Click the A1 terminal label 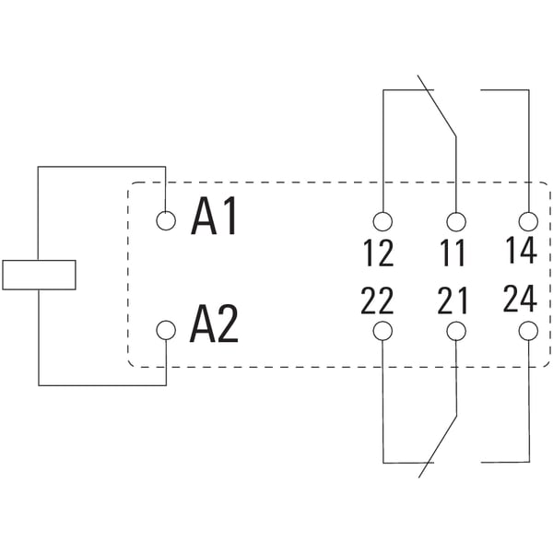pyautogui.click(x=214, y=217)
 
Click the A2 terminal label pyautogui.click(x=214, y=324)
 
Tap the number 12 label pyautogui.click(x=379, y=253)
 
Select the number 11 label pyautogui.click(x=453, y=253)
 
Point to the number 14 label pyautogui.click(x=522, y=250)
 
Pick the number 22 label pyautogui.click(x=377, y=300)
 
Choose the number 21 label pyautogui.click(x=453, y=300)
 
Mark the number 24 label pyautogui.click(x=520, y=299)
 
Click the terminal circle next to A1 pyautogui.click(x=166, y=221)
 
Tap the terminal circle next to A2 pyautogui.click(x=166, y=330)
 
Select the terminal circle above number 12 pyautogui.click(x=382, y=221)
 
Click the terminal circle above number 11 pyautogui.click(x=456, y=221)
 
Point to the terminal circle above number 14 pyautogui.click(x=529, y=221)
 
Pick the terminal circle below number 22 pyautogui.click(x=382, y=331)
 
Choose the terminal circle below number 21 pyautogui.click(x=456, y=331)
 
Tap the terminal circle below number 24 pyautogui.click(x=529, y=331)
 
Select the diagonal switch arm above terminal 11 pyautogui.click(x=437, y=105)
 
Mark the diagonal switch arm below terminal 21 pyautogui.click(x=437, y=446)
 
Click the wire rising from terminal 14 pyautogui.click(x=529, y=151)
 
